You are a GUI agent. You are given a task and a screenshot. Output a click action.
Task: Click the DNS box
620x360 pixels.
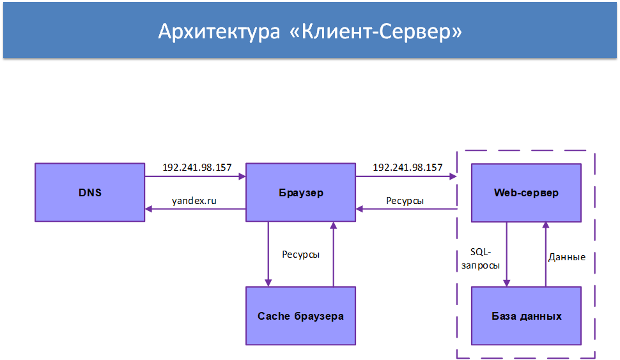coord(89,192)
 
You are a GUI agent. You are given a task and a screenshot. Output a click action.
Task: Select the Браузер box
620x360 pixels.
coord(301,192)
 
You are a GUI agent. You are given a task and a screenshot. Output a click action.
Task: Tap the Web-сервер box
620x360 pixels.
coord(526,192)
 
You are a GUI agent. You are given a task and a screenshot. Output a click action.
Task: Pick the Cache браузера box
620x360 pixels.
coord(301,316)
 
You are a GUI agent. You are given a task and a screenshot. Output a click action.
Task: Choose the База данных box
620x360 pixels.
coord(526,316)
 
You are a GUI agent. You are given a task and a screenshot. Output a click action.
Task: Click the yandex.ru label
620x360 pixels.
coord(194,201)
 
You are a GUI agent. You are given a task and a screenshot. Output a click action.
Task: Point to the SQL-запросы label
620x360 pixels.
coord(480,258)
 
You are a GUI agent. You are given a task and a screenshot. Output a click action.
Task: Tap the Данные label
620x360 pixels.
coord(567,257)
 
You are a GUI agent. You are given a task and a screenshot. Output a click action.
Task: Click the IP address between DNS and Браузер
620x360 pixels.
coord(197,168)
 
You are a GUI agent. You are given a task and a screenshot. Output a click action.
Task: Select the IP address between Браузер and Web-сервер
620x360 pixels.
coord(407,168)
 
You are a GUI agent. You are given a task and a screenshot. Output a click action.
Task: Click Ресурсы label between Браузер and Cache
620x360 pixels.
coord(300,254)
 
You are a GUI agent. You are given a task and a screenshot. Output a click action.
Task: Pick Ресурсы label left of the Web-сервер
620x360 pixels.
coord(405,201)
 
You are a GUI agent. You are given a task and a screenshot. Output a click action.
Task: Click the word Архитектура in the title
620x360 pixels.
coord(219,32)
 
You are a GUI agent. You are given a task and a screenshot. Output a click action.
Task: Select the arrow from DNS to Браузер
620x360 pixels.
coord(196,176)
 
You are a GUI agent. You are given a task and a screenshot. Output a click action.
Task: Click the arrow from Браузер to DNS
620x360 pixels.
coord(196,209)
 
